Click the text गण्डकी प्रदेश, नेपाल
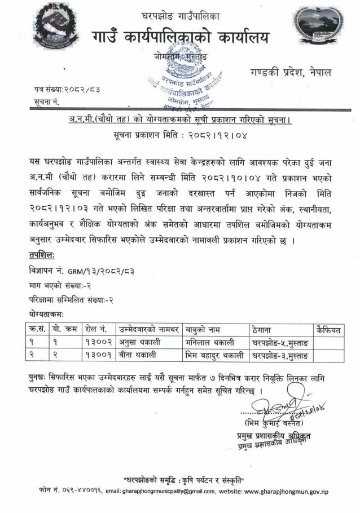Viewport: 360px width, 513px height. tap(290, 73)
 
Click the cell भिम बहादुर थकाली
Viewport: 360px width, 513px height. tap(214, 355)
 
